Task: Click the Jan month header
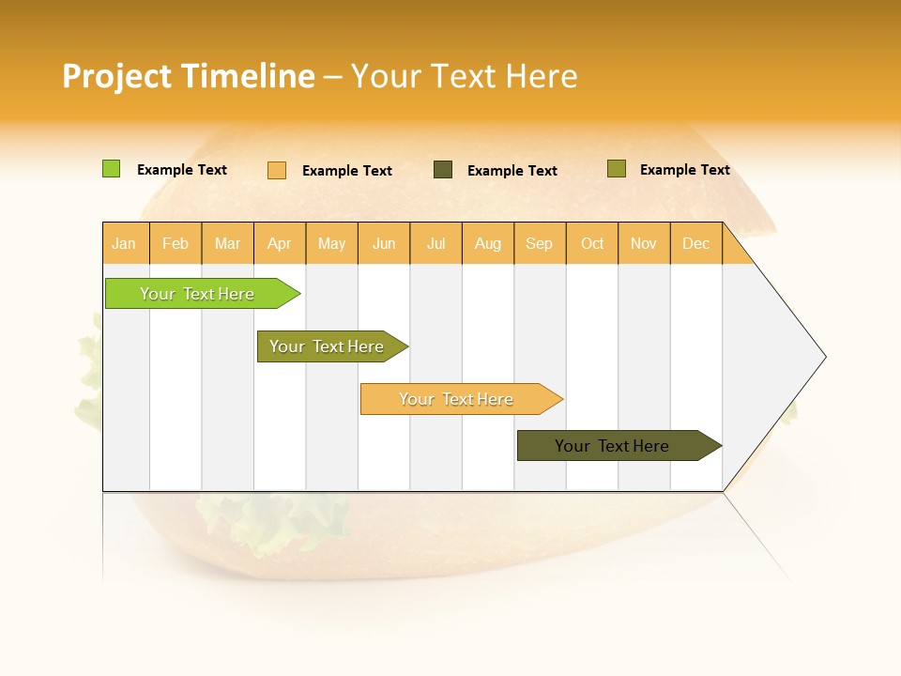pyautogui.click(x=125, y=243)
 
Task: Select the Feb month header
pyautogui.click(x=176, y=243)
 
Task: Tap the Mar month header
pyautogui.click(x=227, y=243)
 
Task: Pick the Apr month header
pyautogui.click(x=280, y=243)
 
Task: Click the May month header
pyautogui.click(x=331, y=243)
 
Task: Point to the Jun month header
pyautogui.click(x=384, y=243)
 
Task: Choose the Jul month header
pyautogui.click(x=435, y=243)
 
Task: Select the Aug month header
pyautogui.click(x=488, y=243)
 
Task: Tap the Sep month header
pyautogui.click(x=540, y=243)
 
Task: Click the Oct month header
pyautogui.click(x=592, y=243)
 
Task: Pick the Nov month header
pyautogui.click(x=644, y=243)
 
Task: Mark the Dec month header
pyautogui.click(x=695, y=243)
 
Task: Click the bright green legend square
pyautogui.click(x=111, y=169)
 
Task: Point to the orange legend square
pyautogui.click(x=277, y=170)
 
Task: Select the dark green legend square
pyautogui.click(x=443, y=170)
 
